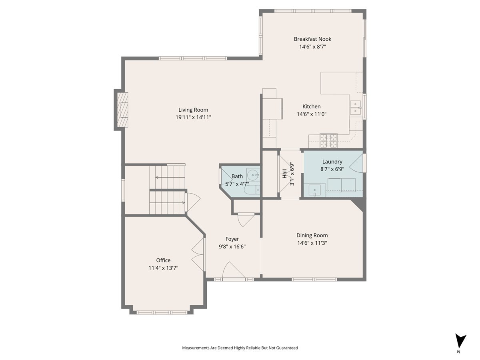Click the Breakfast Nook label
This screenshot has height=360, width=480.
pos(312,39)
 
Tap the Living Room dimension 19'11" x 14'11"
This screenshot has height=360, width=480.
pos(193,117)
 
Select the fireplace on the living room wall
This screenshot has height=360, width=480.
pos(122,110)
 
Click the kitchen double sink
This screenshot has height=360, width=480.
pos(356,108)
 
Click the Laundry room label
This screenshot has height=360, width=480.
pos(332,162)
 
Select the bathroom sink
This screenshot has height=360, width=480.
pos(253,175)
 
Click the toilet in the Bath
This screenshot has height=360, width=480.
pos(252,190)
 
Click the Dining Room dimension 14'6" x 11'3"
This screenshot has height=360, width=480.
pos(312,243)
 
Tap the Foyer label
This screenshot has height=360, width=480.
pos(232,239)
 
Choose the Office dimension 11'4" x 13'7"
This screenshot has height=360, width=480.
pos(163,268)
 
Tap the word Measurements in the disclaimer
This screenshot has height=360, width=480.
pos(196,348)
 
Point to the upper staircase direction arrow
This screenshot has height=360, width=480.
pos(157,177)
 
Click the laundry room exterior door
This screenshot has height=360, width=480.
pos(358,162)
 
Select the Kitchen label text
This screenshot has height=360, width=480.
pos(311,106)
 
